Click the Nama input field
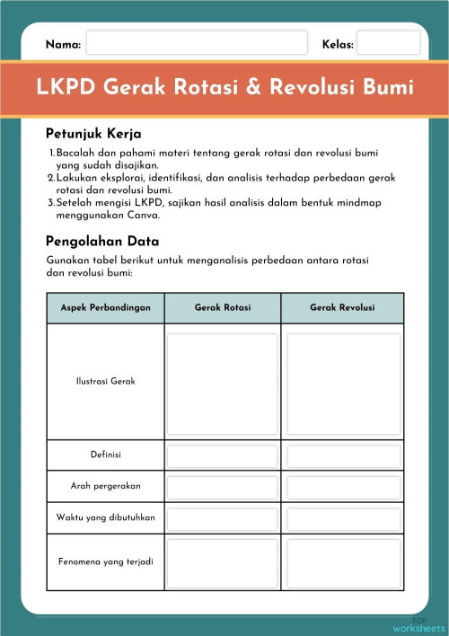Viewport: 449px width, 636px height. click(197, 43)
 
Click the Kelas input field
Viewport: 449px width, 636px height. click(388, 43)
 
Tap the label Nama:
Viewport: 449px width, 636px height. click(63, 44)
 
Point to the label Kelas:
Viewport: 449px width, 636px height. click(338, 44)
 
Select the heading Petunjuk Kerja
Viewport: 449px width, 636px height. click(93, 134)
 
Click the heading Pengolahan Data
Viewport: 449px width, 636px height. click(101, 241)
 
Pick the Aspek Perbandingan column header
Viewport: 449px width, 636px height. click(105, 308)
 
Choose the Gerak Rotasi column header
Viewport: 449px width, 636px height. click(223, 308)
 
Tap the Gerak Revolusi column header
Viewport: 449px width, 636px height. click(342, 308)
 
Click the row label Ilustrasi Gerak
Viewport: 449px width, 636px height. click(105, 382)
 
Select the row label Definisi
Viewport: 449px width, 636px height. click(105, 455)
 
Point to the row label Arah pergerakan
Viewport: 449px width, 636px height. click(105, 486)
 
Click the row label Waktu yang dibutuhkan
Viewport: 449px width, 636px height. click(105, 517)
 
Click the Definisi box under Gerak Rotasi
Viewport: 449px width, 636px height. click(223, 455)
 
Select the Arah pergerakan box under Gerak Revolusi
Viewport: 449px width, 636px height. click(343, 487)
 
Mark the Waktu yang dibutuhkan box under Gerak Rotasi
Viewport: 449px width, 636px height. click(223, 518)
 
